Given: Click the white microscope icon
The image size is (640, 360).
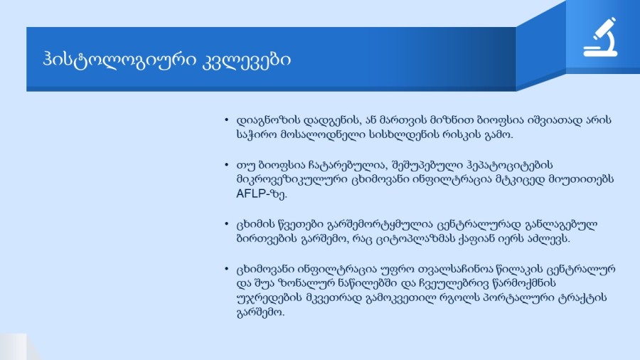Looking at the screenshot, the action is (600, 37).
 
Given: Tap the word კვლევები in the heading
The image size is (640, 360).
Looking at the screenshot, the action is (247, 60).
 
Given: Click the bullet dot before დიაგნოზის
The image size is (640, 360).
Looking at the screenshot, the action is (227, 120).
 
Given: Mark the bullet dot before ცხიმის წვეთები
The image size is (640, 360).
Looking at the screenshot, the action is (227, 224).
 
